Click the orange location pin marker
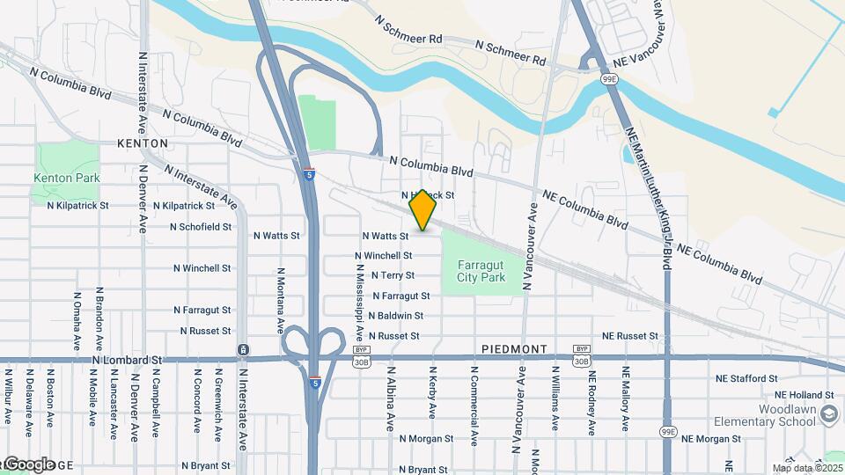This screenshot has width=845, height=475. click(x=423, y=210)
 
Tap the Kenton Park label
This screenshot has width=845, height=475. click(x=67, y=178)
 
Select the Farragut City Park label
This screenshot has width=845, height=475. click(x=481, y=271)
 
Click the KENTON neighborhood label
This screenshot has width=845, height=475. click(x=142, y=143)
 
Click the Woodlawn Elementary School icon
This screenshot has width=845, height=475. click(x=828, y=413)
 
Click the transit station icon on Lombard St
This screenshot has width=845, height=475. click(x=242, y=350)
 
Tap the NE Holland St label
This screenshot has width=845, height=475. click(x=805, y=396)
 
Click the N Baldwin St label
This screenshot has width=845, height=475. click(x=396, y=316)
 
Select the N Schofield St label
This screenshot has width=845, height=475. click(x=202, y=226)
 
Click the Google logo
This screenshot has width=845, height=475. click(x=31, y=463)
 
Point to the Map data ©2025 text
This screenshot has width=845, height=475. click(x=808, y=468)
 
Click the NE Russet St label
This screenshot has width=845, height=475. click(x=630, y=336)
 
